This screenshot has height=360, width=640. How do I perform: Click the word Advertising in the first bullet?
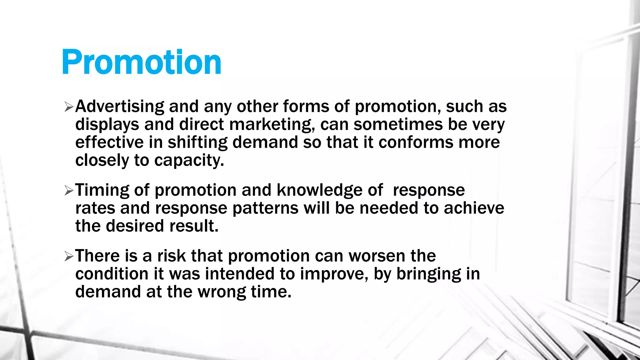120,107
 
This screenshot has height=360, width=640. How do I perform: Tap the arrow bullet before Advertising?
68,107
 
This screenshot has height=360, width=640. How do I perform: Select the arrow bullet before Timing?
68,190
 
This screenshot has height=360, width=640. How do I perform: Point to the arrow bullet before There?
68,256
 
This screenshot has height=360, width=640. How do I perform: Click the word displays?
107,125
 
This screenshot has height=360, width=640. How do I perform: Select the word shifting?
197,142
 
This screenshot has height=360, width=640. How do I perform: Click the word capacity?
189,161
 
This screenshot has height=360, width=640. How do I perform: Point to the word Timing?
102,190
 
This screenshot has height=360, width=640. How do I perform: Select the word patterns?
265,208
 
